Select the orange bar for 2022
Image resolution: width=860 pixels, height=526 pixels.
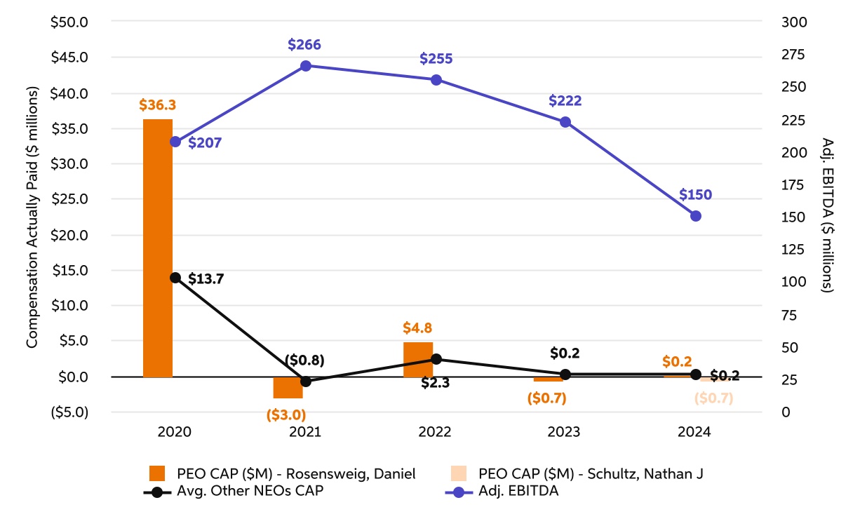tap(417, 360)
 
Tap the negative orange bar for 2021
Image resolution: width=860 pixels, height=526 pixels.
tap(288, 387)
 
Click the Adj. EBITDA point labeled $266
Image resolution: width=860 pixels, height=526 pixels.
tap(306, 66)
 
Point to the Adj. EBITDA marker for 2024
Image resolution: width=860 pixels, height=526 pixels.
tap(696, 216)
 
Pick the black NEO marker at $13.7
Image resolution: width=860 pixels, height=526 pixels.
tap(175, 278)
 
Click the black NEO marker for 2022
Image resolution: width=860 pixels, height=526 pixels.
tap(436, 359)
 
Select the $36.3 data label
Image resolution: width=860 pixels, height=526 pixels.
tap(157, 105)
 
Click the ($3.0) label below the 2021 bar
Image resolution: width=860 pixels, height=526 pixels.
tap(286, 414)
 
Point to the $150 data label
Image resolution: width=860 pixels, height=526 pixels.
tap(696, 194)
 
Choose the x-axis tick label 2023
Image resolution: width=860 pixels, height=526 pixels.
tap(565, 433)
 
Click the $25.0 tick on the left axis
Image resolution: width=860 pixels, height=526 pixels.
tap(69, 199)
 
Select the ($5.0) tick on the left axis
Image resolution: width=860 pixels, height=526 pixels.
tap(69, 412)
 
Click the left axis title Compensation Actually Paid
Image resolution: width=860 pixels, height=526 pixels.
tap(32, 217)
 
